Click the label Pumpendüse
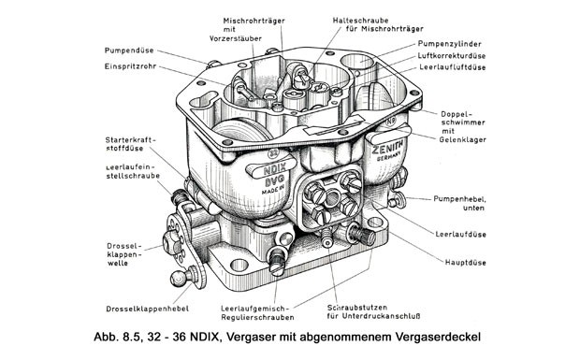point(129,50)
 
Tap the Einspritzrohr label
point(130,67)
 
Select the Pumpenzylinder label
point(449,44)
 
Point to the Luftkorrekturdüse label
point(452,56)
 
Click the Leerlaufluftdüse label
point(453,67)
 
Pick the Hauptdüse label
point(465,263)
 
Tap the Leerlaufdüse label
point(460,235)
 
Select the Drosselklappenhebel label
point(147,309)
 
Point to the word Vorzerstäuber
point(236,38)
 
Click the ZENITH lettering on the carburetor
point(388,148)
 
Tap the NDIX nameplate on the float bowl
point(272,168)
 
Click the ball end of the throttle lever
point(179,279)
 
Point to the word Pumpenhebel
point(459,199)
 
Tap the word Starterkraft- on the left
point(131,140)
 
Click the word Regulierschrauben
point(257,317)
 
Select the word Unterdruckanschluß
point(381,316)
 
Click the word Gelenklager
point(462,139)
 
